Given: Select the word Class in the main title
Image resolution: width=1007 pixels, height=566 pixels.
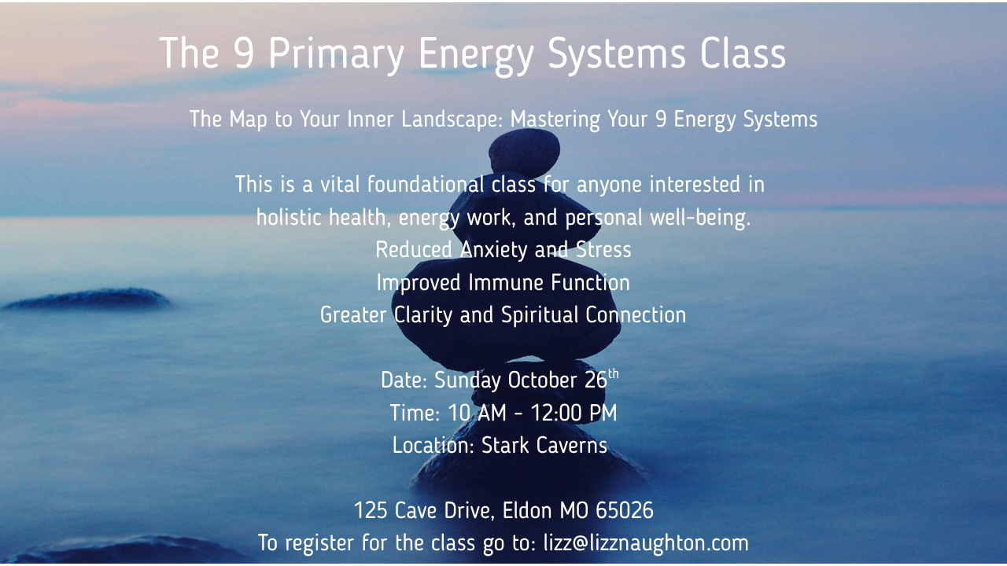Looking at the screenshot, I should (742, 53).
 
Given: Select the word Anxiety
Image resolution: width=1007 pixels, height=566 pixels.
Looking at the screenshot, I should (494, 250).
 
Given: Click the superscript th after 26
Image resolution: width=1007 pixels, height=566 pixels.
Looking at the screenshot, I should (614, 373).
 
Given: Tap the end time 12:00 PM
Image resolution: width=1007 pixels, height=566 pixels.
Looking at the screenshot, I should (574, 413).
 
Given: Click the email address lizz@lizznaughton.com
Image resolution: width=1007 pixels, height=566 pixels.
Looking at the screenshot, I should (646, 543).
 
